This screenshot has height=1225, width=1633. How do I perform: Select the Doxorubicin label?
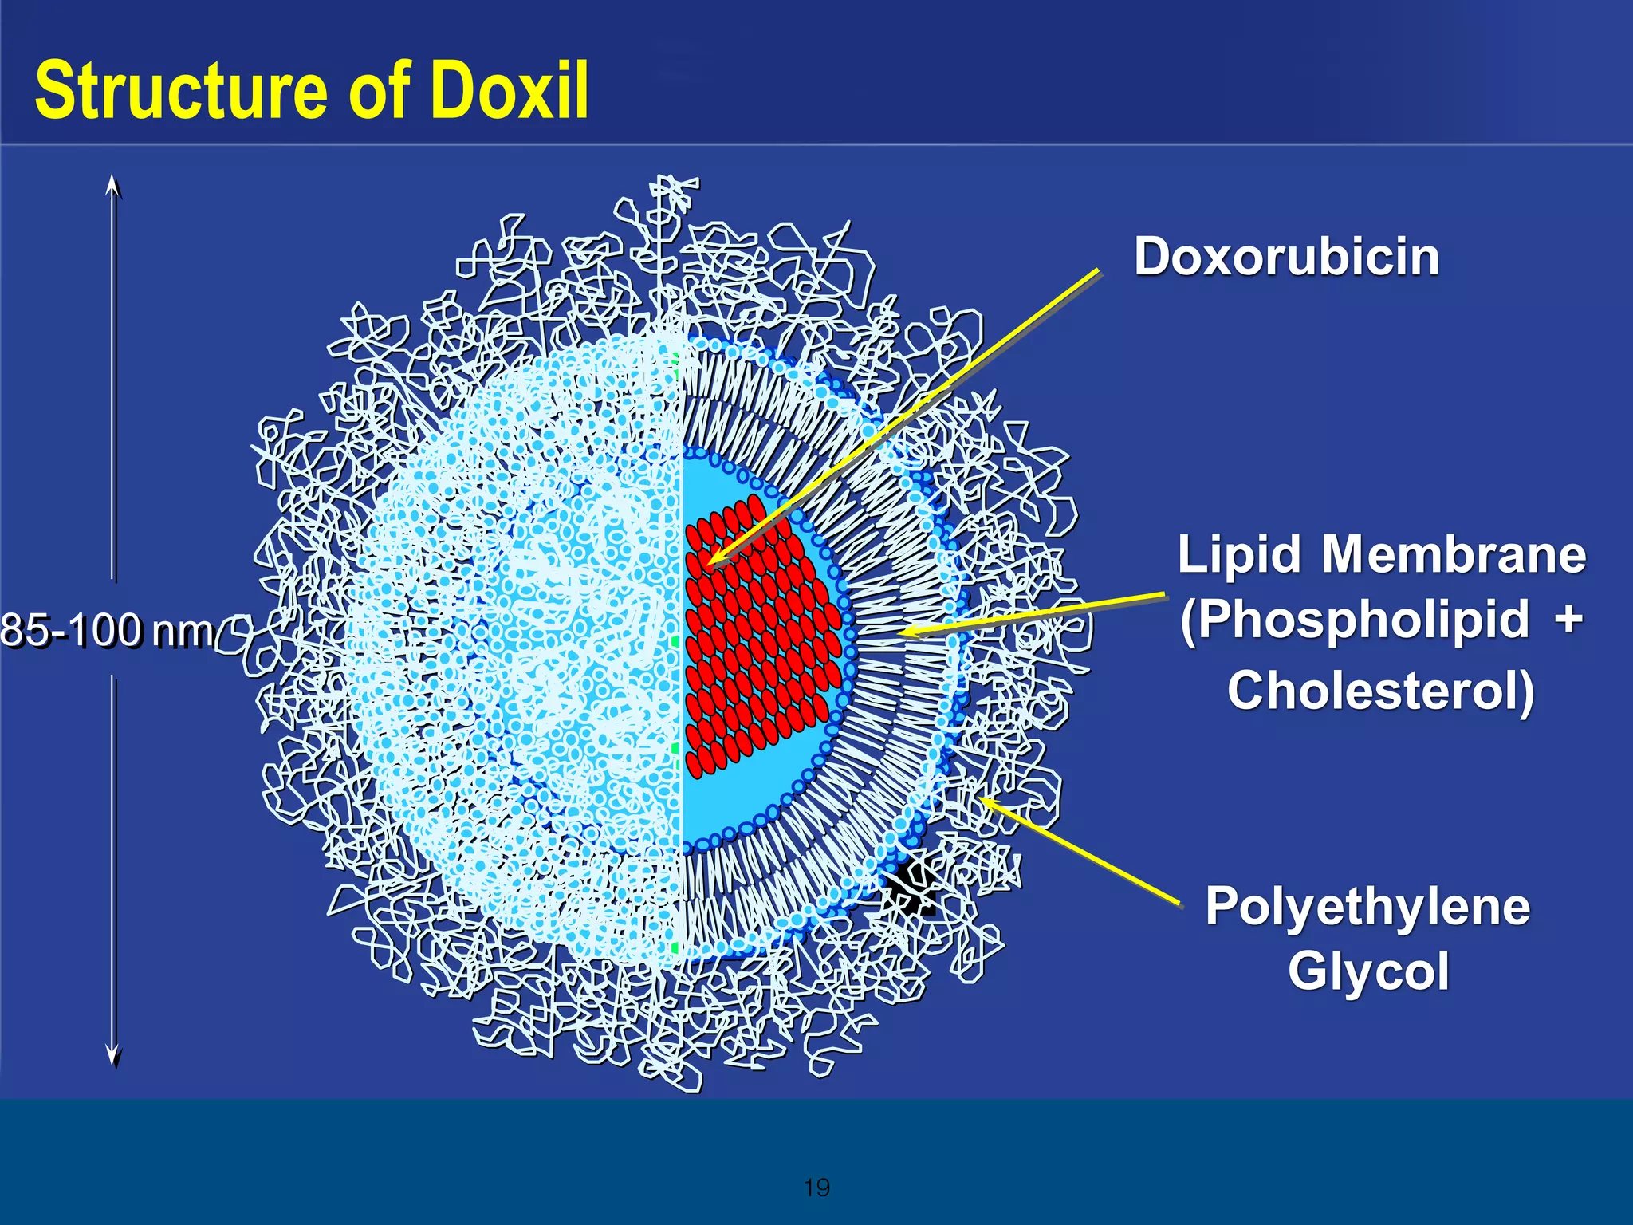click(1286, 257)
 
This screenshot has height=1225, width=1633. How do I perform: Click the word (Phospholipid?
click(1355, 620)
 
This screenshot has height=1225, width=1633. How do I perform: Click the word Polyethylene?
click(1367, 907)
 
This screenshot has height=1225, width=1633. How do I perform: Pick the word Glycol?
click(1368, 971)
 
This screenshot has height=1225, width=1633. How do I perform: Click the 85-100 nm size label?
click(108, 629)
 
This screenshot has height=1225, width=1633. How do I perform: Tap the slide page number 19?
click(816, 1188)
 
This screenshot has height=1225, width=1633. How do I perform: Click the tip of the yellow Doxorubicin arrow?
click(708, 563)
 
